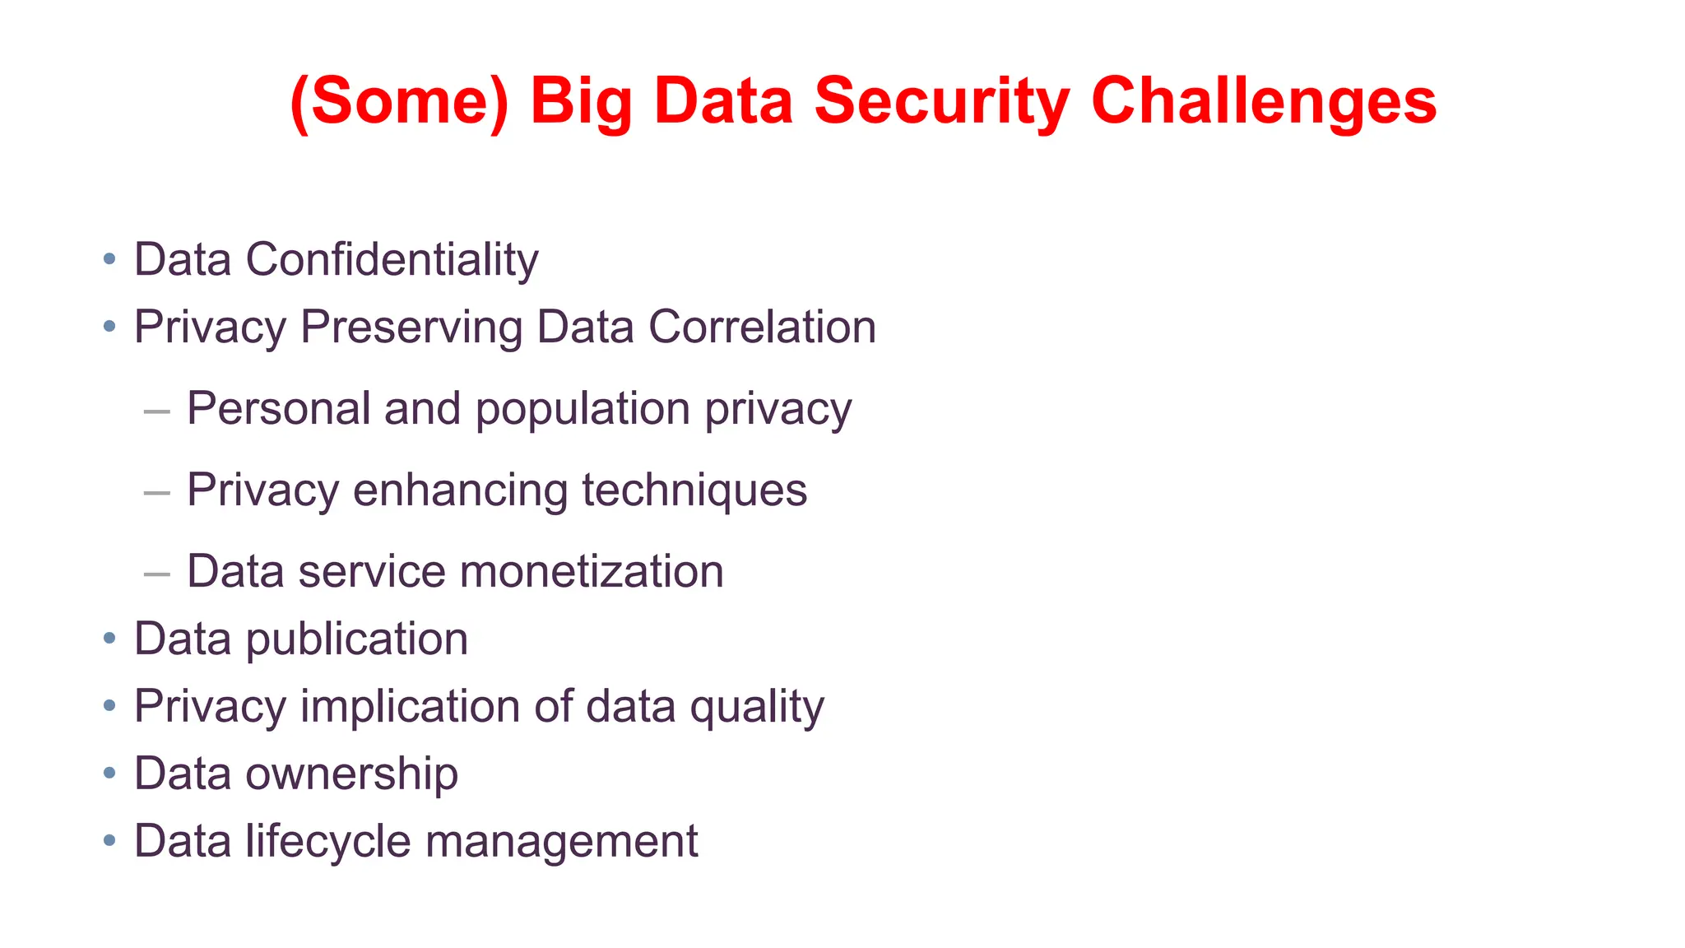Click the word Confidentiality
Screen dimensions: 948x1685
click(392, 260)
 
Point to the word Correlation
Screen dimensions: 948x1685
click(762, 328)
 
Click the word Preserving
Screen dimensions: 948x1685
click(411, 328)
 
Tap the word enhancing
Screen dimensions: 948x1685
click(460, 490)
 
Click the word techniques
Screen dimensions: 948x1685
click(694, 490)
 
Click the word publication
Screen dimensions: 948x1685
click(357, 639)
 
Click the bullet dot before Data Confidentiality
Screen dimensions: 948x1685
click(109, 260)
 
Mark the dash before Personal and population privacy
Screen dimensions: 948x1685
click(156, 411)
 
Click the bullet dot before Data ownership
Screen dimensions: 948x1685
click(109, 774)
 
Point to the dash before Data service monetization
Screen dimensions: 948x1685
click(156, 574)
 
